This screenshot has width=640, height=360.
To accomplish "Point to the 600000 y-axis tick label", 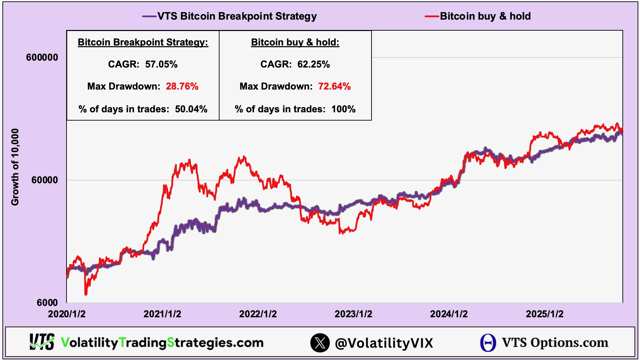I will point(42,58).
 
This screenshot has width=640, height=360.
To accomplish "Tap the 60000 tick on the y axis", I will point(44,180).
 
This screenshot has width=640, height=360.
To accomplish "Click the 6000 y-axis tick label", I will point(47,302).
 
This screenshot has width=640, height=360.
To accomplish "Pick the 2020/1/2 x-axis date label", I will point(67,314).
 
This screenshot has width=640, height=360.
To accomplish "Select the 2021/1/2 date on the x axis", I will point(162,314).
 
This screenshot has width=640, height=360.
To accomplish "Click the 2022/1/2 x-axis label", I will point(258,314).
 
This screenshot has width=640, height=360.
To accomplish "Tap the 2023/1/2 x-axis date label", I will point(353,314).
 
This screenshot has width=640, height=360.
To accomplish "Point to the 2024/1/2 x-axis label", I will point(449,314).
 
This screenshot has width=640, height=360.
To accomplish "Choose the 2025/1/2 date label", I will point(545,314).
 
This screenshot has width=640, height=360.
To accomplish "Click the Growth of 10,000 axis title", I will point(15,167).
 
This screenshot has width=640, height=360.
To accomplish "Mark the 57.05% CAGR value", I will point(161,64).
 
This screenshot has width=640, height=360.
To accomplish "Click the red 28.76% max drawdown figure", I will point(182,86).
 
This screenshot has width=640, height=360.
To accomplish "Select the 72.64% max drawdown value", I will point(334,86).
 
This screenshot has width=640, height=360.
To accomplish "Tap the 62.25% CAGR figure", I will point(314,64).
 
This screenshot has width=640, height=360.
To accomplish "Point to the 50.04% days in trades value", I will point(191,109).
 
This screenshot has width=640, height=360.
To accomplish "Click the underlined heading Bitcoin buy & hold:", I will point(295,42).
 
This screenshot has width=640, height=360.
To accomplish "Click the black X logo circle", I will point(320,343).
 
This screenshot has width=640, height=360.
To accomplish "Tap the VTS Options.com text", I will point(555,343).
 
